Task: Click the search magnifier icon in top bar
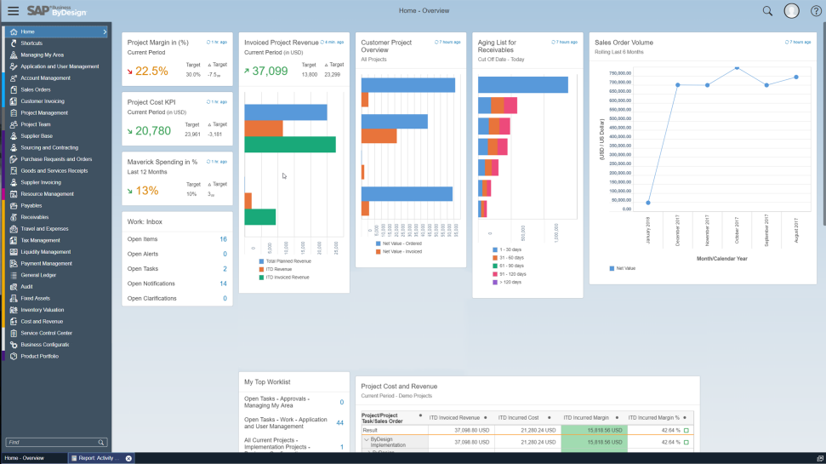(x=767, y=11)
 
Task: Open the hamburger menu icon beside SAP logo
(x=13, y=11)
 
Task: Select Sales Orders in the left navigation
(x=36, y=89)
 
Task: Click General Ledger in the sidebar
(x=38, y=275)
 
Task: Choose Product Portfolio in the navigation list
(x=40, y=356)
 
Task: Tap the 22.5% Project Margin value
(x=151, y=72)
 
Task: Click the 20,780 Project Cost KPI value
(x=153, y=131)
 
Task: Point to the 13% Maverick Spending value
(x=147, y=191)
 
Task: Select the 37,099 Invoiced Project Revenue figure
(x=270, y=72)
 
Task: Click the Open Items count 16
(x=223, y=239)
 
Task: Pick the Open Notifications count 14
(x=223, y=284)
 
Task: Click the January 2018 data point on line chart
(x=648, y=203)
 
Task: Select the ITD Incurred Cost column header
(x=518, y=417)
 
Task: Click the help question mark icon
(x=815, y=11)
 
